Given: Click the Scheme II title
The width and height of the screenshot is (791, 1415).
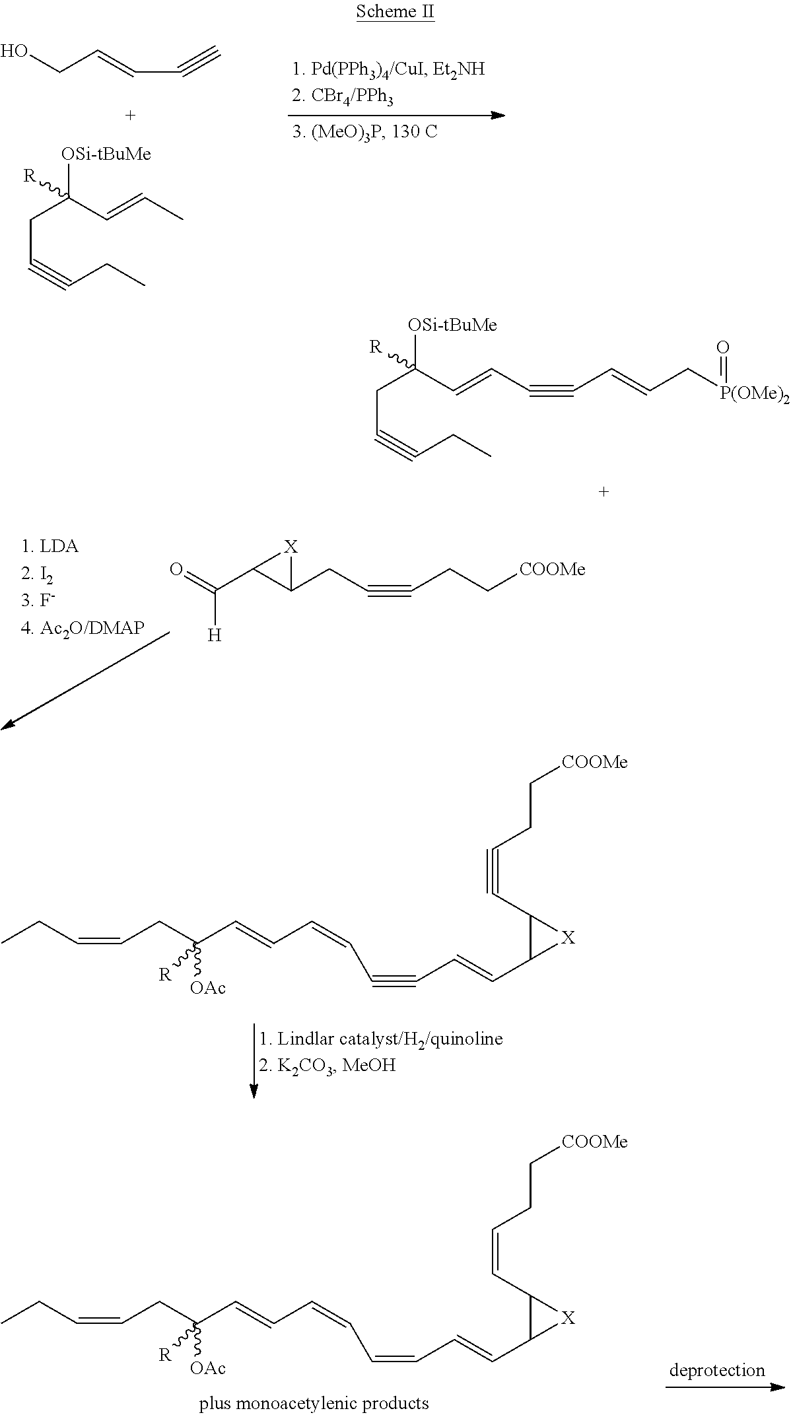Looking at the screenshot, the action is pos(395,12).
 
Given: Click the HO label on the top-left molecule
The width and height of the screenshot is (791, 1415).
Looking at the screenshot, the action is pos(15,50).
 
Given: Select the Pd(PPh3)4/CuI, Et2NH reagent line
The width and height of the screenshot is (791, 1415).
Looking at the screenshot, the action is pos(388,69).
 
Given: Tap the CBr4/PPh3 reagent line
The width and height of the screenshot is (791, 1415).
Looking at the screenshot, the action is pos(343,98).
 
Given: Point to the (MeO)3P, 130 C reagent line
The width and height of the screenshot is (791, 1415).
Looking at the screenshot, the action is pos(364,132).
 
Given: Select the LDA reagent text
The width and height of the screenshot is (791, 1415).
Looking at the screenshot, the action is pos(50,547).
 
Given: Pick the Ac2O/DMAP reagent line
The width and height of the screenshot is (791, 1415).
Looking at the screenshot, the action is pos(82,628).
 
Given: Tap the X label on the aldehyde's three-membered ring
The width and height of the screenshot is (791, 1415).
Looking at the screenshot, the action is pos(291,547).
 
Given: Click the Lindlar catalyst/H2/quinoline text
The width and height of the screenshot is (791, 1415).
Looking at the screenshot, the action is pos(380,1039).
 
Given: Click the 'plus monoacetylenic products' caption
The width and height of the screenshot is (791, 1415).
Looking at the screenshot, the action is pos(314,1403).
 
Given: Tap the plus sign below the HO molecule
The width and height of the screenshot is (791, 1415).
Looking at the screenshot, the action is pos(131,116).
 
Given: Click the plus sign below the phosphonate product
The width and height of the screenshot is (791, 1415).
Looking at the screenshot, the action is pos(603,491).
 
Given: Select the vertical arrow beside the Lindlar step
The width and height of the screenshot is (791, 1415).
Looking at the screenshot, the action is pos(254,1061).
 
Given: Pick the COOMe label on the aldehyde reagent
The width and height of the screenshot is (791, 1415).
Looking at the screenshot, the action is pos(552,569).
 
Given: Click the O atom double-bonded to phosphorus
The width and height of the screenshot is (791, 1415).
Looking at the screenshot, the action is pos(723,347).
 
